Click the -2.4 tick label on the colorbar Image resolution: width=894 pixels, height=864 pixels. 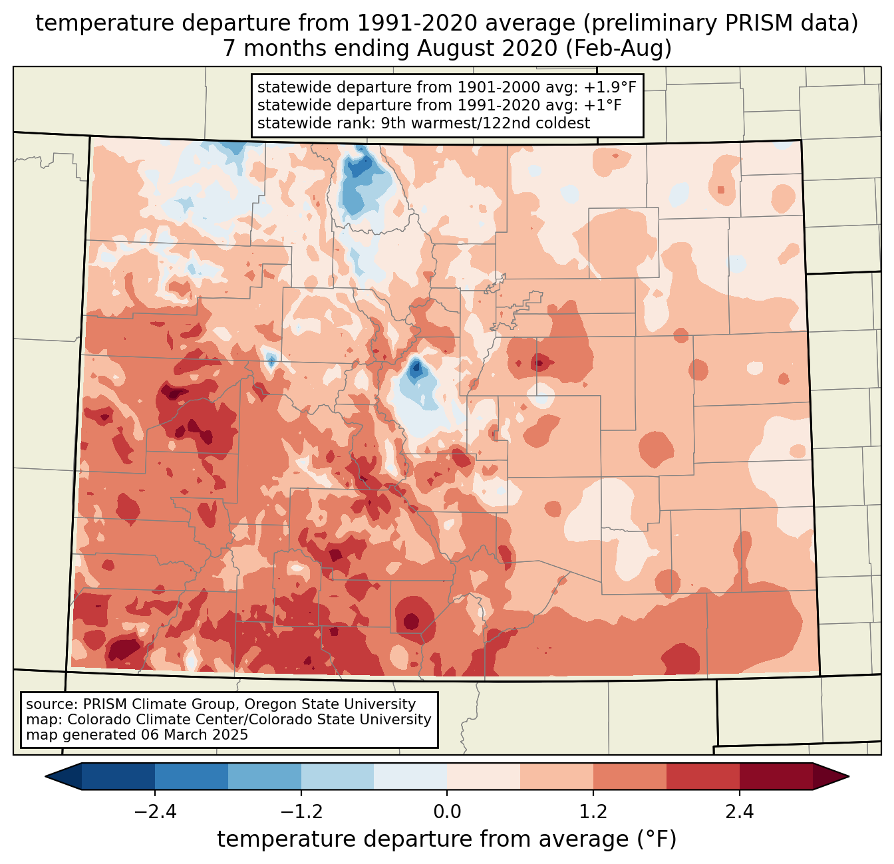[x=155, y=812]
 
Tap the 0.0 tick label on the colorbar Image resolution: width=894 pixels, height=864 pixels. [x=447, y=812]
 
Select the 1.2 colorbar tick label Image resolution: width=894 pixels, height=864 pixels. [x=593, y=812]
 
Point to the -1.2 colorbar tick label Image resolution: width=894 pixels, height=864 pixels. [x=301, y=812]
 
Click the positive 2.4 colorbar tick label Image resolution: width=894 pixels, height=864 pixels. [x=739, y=812]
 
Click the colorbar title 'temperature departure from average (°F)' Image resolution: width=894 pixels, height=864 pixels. [x=447, y=839]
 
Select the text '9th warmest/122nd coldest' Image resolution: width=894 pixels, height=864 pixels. [x=486, y=123]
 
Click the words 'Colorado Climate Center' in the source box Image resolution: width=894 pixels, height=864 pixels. [x=146, y=720]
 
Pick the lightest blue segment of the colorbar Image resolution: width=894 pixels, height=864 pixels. [x=410, y=776]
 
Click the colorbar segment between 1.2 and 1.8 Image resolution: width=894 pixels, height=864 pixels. [x=630, y=776]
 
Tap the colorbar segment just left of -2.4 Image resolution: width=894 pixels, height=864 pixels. [x=118, y=776]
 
